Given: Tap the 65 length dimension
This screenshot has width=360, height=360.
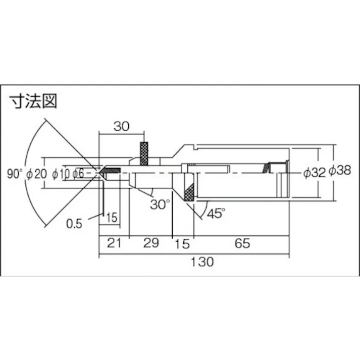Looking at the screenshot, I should click(242, 243).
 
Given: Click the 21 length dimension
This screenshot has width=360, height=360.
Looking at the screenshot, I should click(114, 243).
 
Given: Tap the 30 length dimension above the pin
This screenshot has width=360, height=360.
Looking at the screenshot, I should click(121, 127).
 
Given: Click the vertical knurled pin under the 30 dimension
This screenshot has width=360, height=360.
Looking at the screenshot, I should click(144, 153).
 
